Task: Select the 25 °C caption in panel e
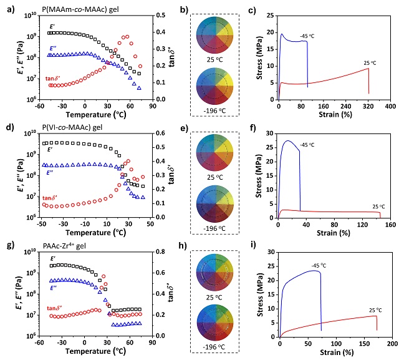pyautogui.click(x=215, y=180)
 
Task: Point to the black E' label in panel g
pyautogui.click(x=52, y=258)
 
